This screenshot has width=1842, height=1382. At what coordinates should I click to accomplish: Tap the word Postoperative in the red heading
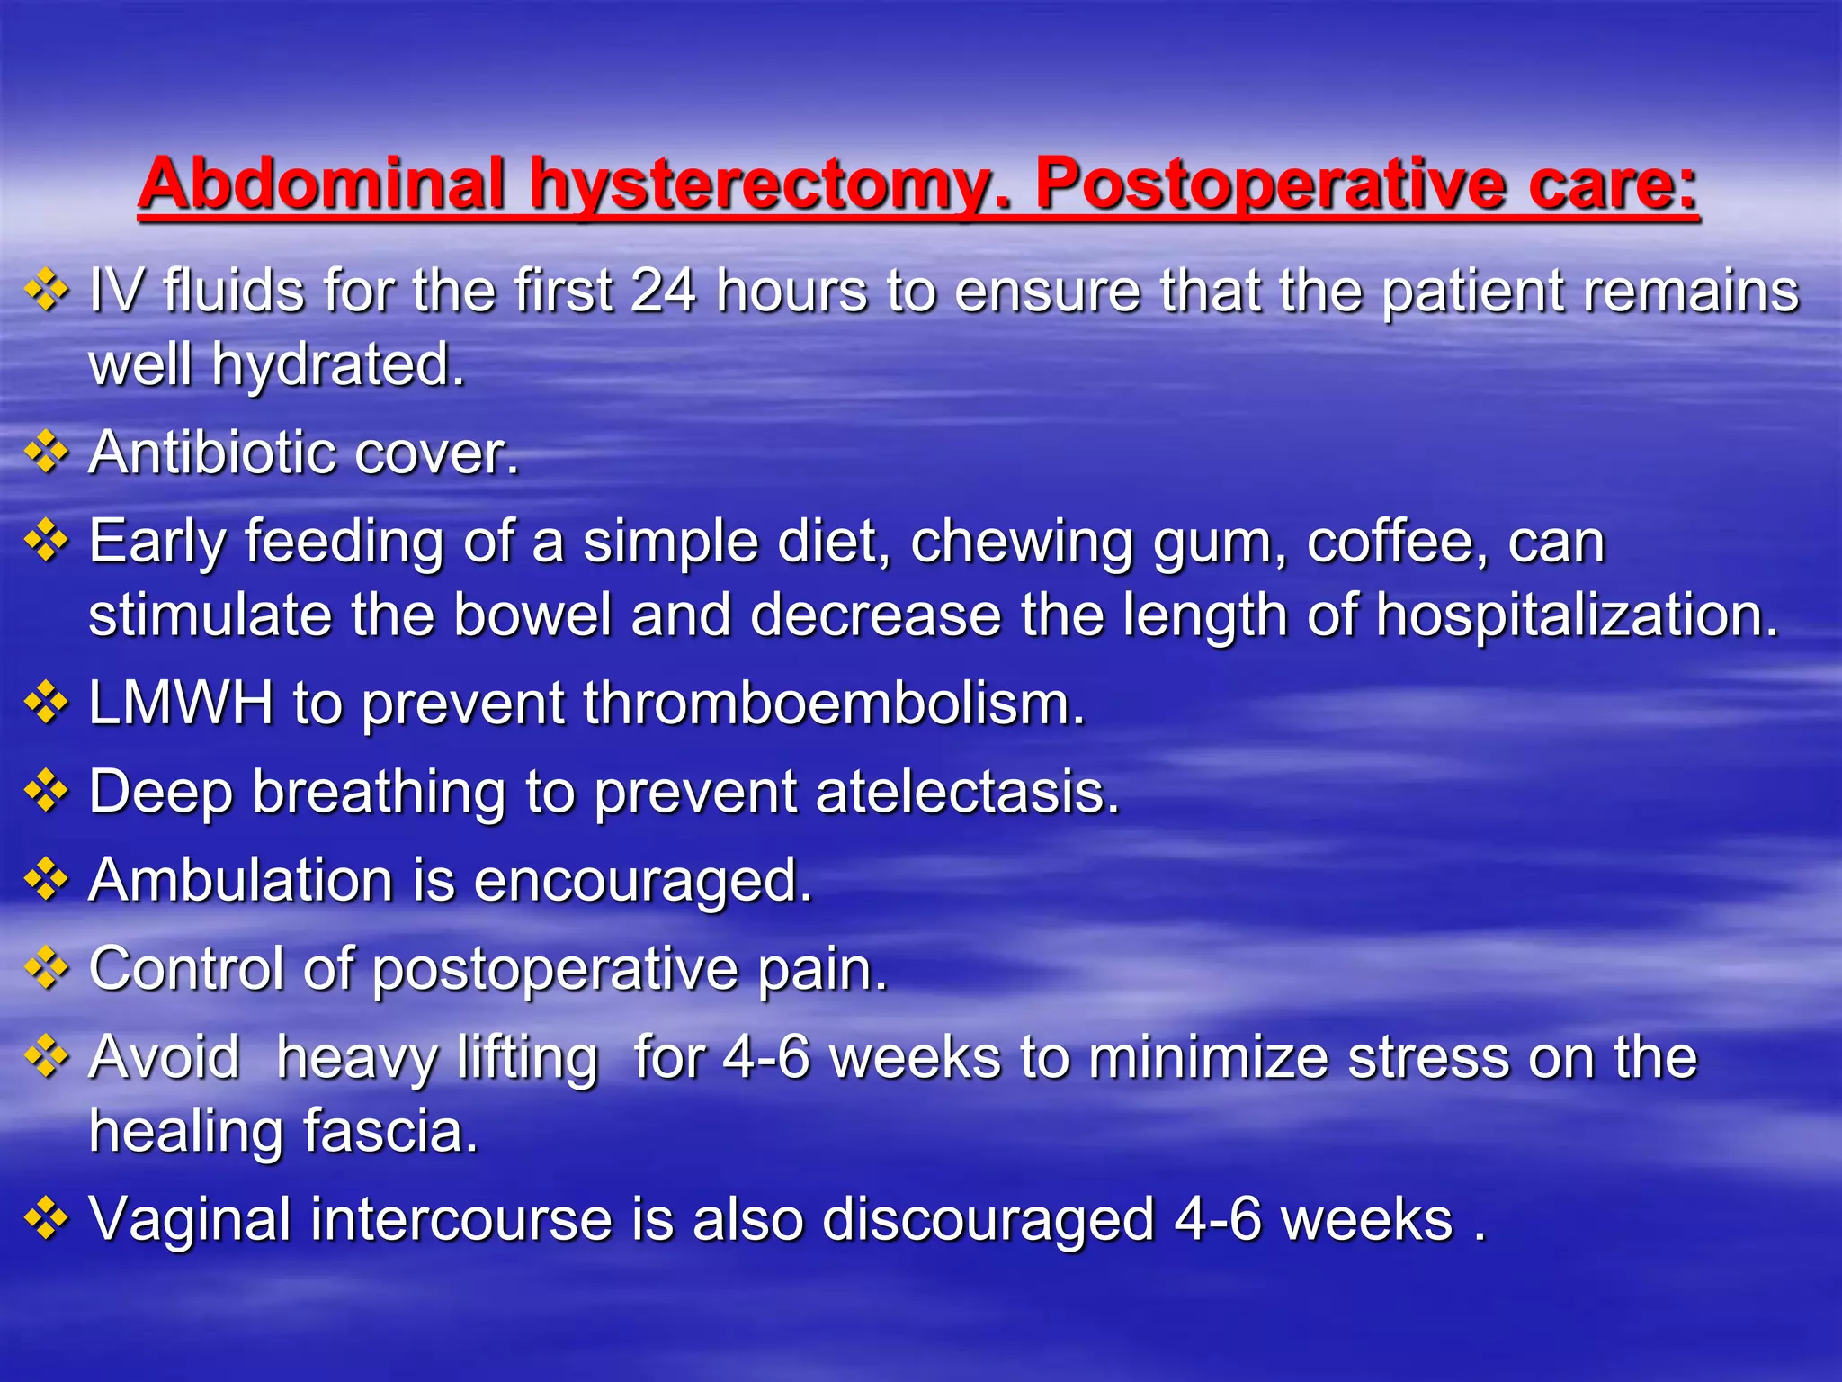point(1268,184)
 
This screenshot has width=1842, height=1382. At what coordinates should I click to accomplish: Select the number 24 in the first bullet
point(664,292)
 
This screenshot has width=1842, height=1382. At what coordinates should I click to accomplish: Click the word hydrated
point(338,366)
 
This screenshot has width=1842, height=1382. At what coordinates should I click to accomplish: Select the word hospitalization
point(1578,616)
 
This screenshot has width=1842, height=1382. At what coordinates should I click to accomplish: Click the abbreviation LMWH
point(181,703)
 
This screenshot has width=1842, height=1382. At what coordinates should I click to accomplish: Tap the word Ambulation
point(241,879)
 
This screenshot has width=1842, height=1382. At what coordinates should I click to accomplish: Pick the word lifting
point(527,1057)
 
